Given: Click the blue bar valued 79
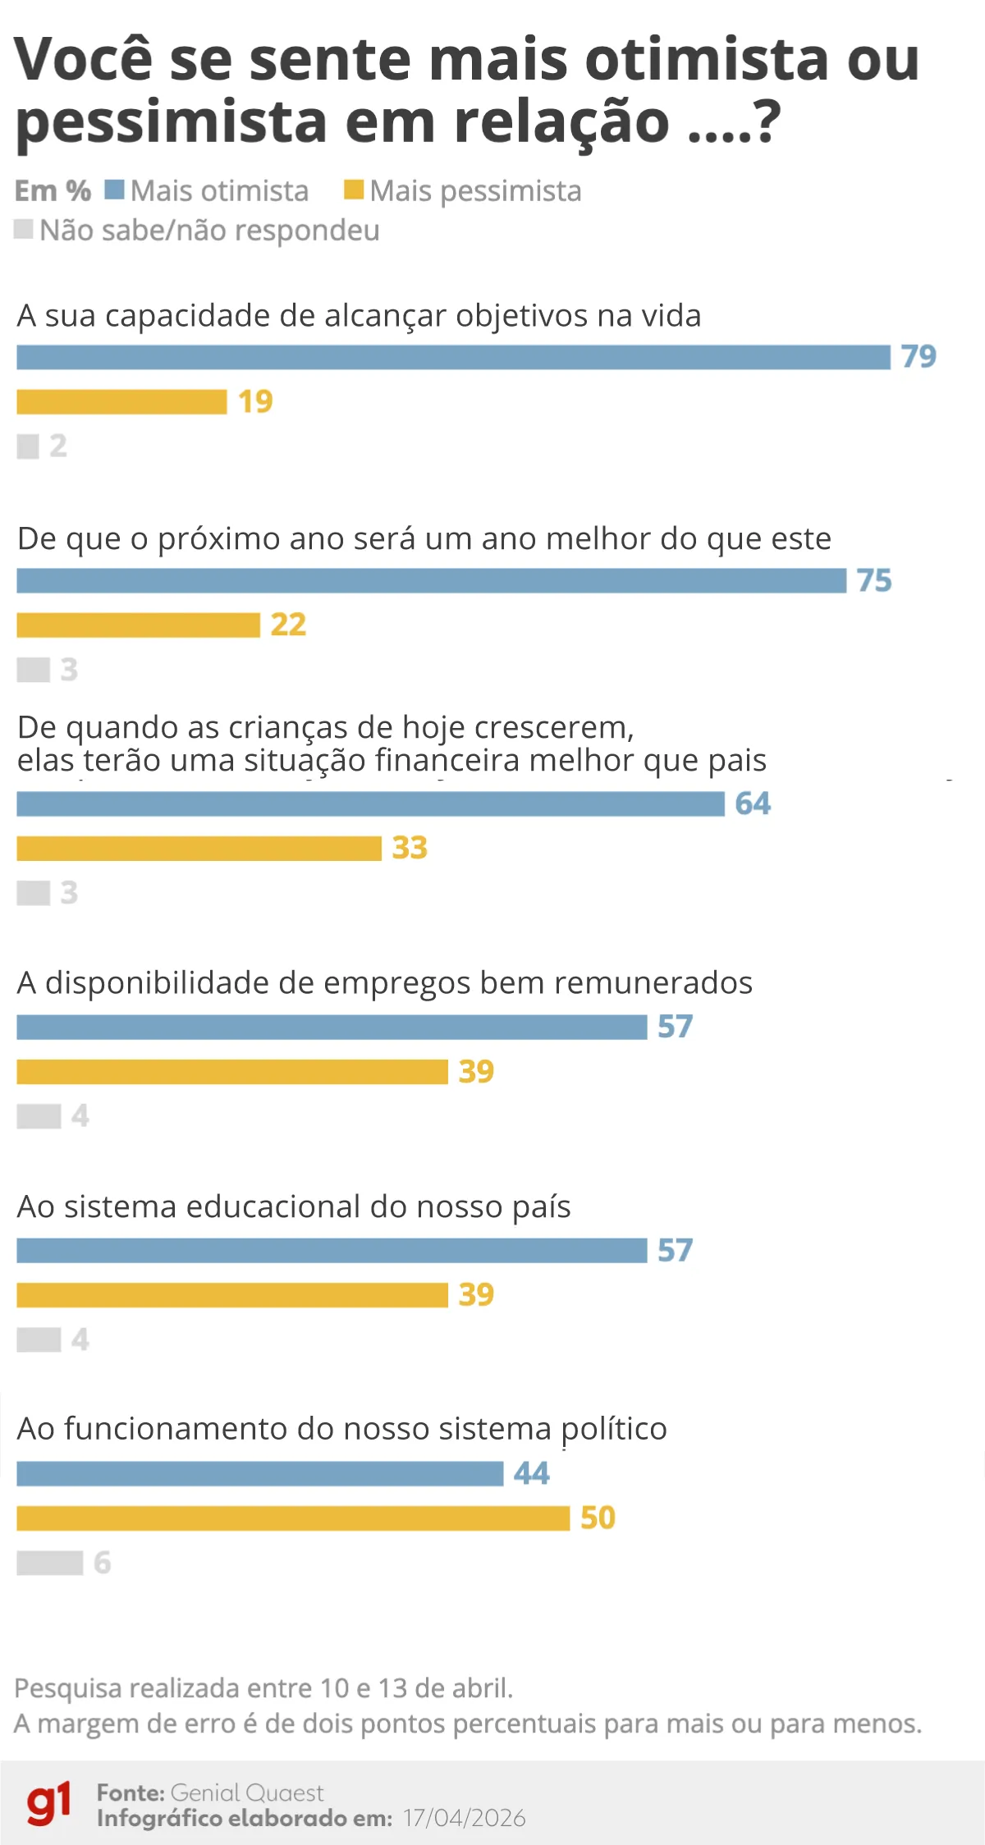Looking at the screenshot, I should point(453,358).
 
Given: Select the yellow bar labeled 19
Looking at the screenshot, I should point(121,402).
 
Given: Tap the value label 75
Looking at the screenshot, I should point(874,581).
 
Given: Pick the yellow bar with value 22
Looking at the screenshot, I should point(138,625).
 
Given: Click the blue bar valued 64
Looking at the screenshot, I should point(370,804).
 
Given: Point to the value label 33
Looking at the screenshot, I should point(410,848).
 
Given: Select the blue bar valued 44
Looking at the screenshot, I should point(259,1474).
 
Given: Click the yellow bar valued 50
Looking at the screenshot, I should point(293,1518).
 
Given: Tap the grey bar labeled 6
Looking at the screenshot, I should point(49,1563).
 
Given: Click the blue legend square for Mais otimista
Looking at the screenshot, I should point(114,190).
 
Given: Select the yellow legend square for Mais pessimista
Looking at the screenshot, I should point(353,190).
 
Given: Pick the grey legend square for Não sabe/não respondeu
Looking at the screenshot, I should point(24,229).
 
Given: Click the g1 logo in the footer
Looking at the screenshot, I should point(48,1803).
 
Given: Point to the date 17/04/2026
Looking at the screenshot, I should point(464,1818).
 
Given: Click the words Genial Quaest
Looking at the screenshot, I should point(247,1792).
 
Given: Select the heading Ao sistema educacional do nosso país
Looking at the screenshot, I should point(294,1207).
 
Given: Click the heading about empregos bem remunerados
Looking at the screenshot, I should point(384,983).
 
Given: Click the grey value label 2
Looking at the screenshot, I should point(57,446).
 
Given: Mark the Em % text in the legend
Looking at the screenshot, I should point(53,190).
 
